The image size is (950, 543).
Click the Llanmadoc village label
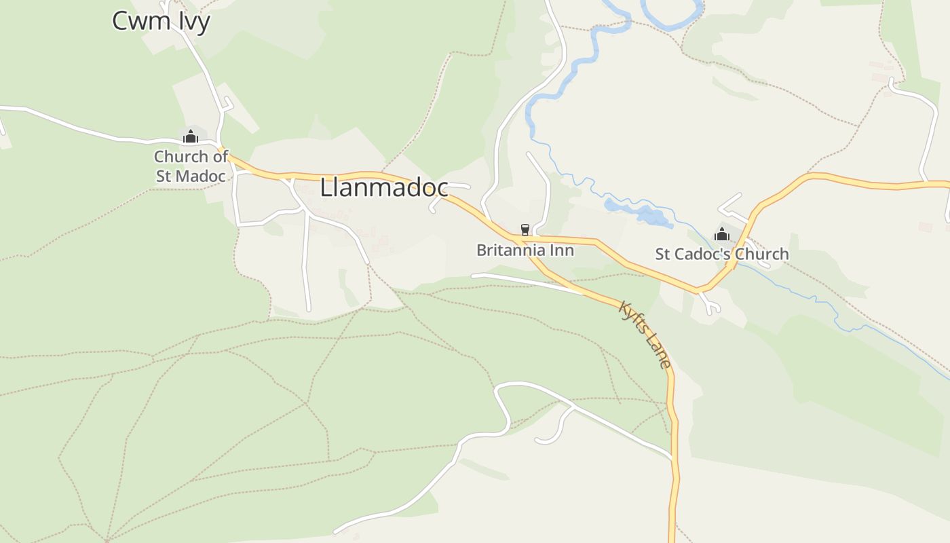point(384,188)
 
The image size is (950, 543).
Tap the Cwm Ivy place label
point(161,21)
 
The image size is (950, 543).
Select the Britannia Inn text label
point(525,250)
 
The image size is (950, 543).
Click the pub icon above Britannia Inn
point(525,230)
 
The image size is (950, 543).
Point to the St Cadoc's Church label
point(721,254)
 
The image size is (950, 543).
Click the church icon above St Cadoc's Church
point(722,234)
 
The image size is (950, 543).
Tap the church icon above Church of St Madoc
point(191,136)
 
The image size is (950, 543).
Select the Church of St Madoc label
point(191,166)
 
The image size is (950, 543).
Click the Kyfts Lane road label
point(645,335)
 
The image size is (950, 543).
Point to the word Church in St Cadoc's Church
point(763,254)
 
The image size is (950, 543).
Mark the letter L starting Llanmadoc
point(326,188)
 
